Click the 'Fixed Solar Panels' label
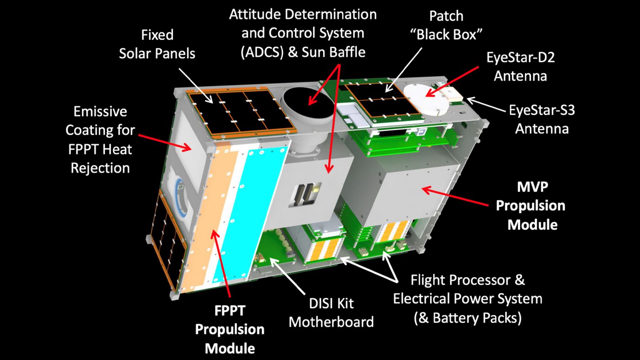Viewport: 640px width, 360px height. (157, 44)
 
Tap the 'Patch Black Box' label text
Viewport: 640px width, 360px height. (446, 25)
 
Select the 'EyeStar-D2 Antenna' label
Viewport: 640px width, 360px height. (520, 67)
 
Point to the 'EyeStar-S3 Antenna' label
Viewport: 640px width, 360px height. (542, 120)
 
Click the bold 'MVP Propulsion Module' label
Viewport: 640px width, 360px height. (531, 206)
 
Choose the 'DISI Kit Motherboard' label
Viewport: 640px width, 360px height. (331, 312)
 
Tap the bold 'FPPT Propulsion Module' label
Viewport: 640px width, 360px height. (230, 330)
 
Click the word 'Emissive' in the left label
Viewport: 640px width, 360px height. (100, 111)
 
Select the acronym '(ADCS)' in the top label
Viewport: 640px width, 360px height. (262, 52)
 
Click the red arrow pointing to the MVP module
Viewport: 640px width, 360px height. (455, 196)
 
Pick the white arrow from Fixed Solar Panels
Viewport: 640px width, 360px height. (196, 85)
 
